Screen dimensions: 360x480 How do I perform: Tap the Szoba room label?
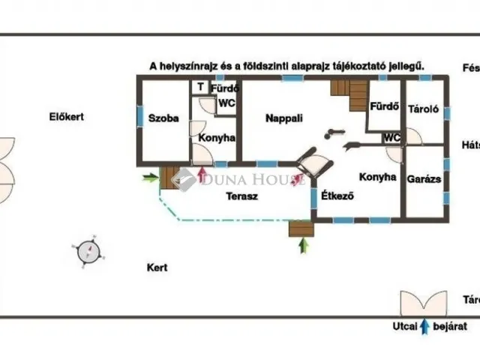(163, 118)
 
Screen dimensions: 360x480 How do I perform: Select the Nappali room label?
(283, 118)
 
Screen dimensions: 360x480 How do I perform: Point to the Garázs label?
(424, 180)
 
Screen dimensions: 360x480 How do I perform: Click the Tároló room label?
(424, 109)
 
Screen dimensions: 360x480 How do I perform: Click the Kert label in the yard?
(157, 267)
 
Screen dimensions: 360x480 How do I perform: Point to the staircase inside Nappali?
(349, 95)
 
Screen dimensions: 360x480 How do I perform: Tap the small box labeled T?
(200, 87)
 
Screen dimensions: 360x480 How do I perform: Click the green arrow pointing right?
(151, 178)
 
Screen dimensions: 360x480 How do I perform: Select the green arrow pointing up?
(303, 244)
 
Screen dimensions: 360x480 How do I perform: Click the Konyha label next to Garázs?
(377, 178)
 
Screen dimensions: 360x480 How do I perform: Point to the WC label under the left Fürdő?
(226, 104)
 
